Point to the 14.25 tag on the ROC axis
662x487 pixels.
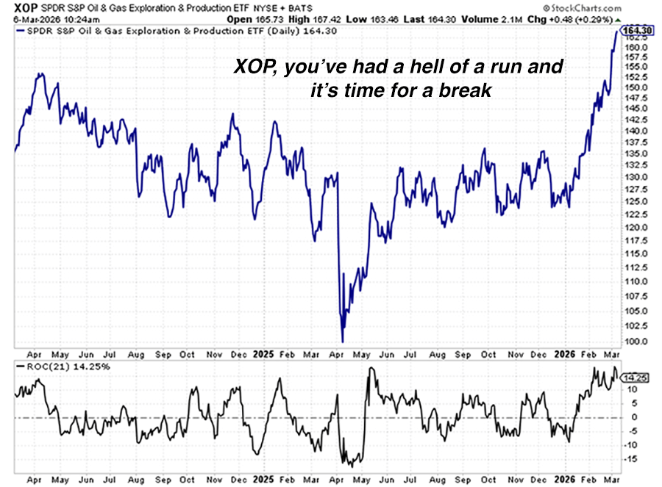(x=634, y=378)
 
